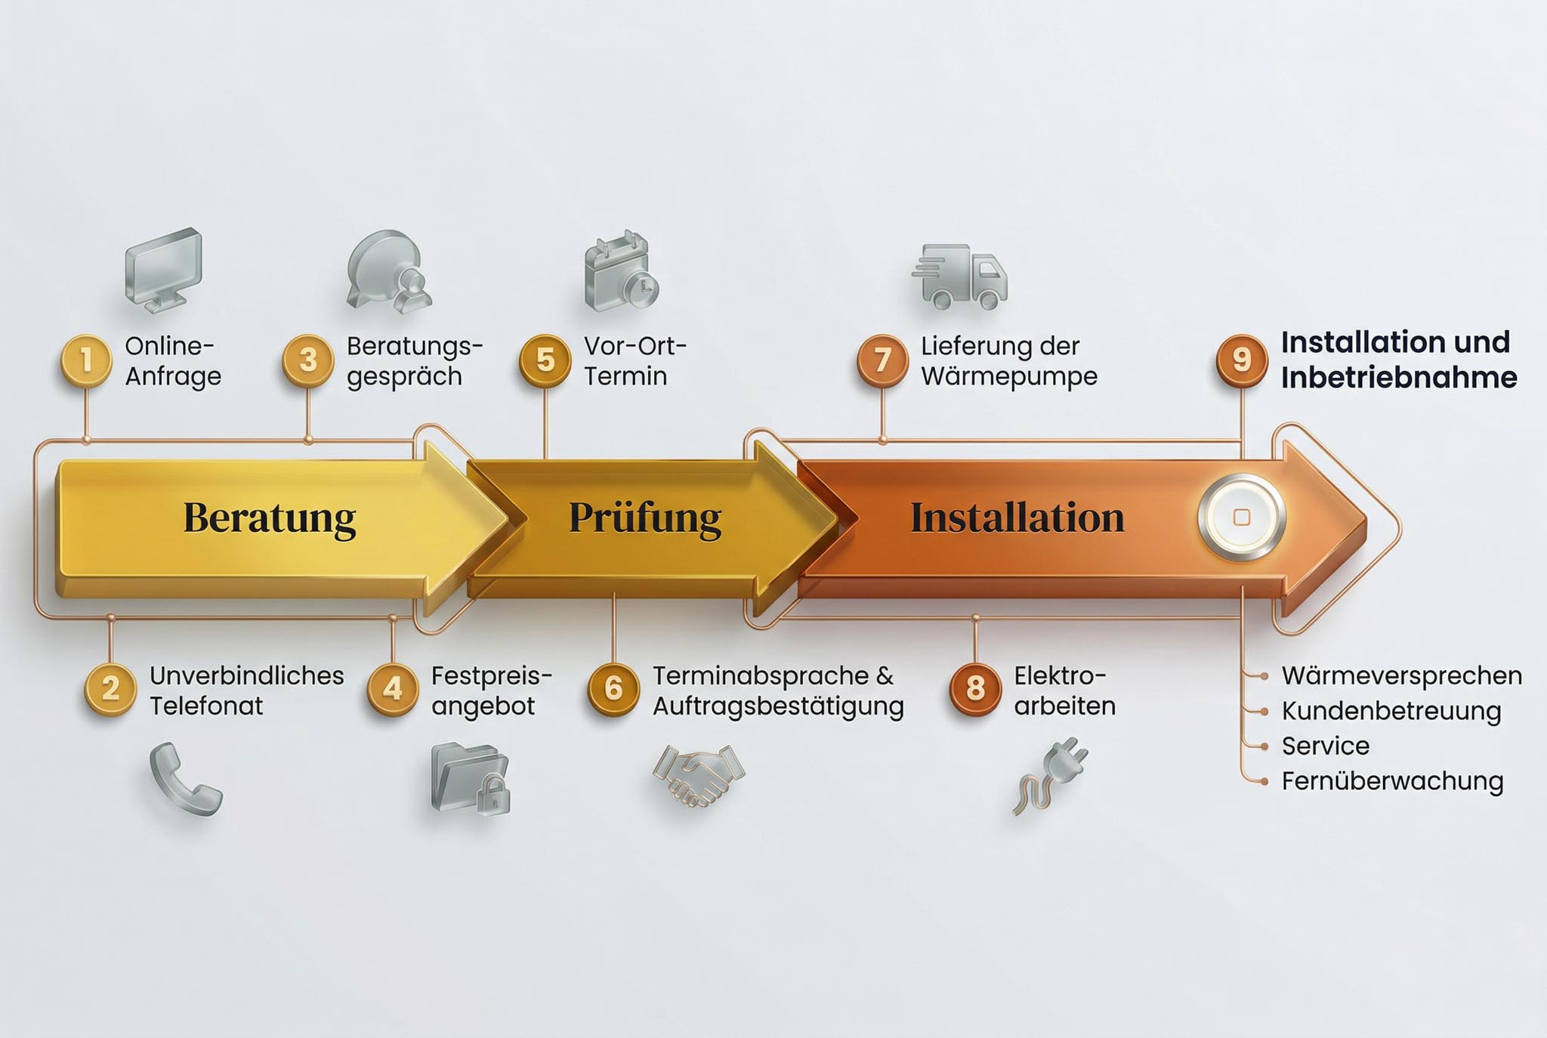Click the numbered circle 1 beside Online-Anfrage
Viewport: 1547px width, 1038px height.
pos(86,360)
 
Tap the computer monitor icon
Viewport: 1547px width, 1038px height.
pos(163,268)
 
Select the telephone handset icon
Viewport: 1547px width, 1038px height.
pos(185,779)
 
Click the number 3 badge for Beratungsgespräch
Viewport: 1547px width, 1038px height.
pos(307,360)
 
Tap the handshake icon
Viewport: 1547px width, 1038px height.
pos(698,774)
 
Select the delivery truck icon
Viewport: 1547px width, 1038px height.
pos(960,276)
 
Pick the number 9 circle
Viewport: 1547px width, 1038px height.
pos(1241,360)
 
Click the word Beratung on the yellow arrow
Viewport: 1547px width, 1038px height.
pos(269,518)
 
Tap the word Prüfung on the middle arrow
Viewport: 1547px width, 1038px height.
pos(645,518)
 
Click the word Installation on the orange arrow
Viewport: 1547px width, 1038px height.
pos(1017,518)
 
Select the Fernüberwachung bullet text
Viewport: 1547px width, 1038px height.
pos(1391,781)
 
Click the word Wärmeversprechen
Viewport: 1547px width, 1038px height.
pos(1401,675)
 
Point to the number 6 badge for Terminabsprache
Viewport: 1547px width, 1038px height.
pos(613,689)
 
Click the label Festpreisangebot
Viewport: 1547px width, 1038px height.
pos(491,690)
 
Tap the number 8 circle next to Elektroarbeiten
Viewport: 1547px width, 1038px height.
pos(974,689)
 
